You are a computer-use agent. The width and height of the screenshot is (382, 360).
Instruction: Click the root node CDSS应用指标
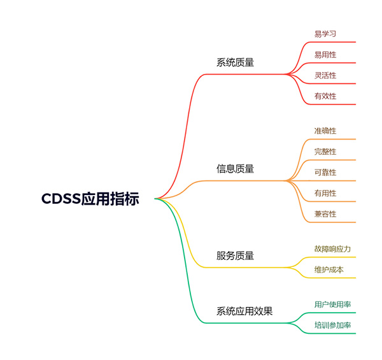point(90,198)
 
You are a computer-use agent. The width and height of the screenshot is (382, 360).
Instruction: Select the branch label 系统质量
point(235,62)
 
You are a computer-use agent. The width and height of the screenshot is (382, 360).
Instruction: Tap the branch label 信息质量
point(235,169)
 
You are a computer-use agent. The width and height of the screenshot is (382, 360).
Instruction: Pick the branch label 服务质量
point(235,256)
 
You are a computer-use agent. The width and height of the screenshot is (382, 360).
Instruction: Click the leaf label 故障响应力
point(332,248)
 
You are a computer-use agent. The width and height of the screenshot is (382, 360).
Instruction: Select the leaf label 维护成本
point(329,270)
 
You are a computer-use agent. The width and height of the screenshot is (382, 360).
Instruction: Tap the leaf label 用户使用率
point(332,305)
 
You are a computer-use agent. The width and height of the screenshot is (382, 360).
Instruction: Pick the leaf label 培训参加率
point(332,325)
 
